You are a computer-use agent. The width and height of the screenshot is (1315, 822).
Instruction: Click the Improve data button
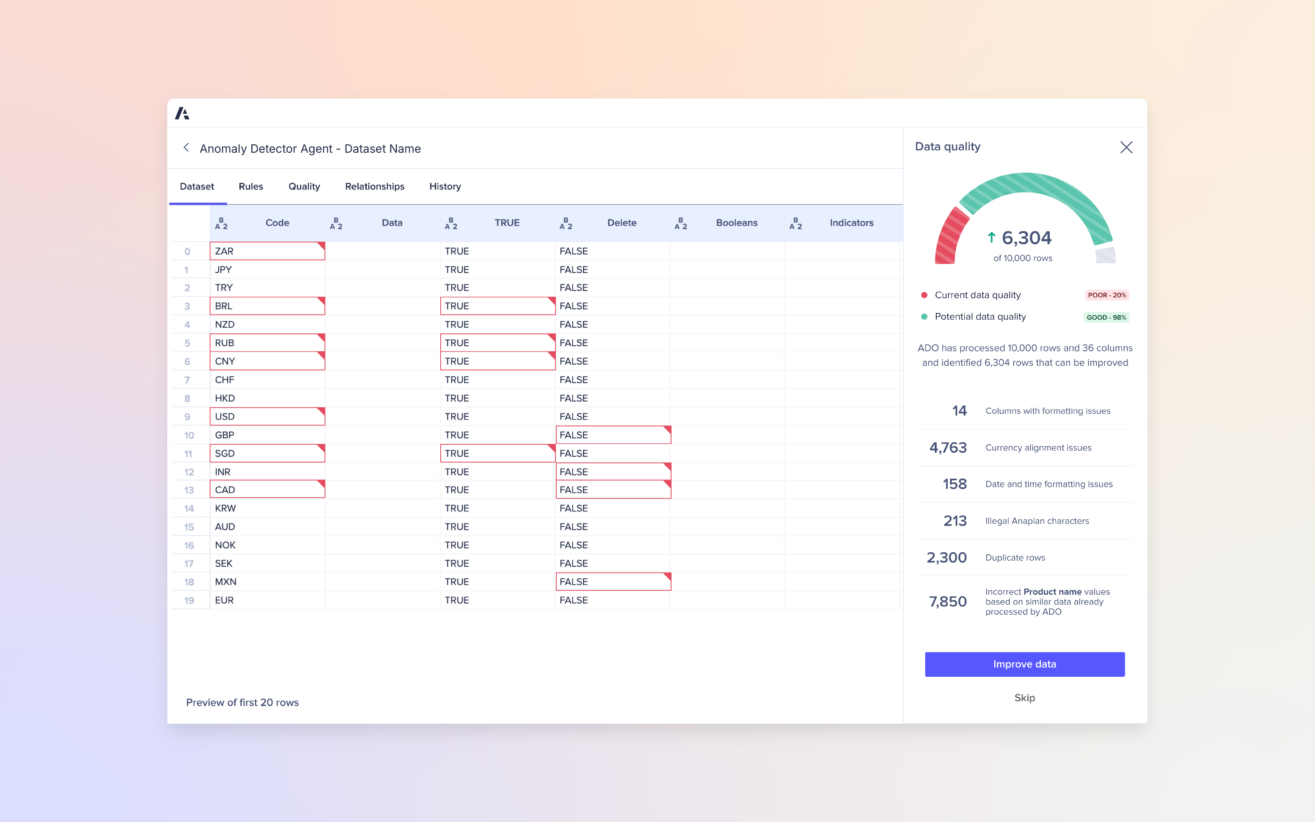(x=1024, y=664)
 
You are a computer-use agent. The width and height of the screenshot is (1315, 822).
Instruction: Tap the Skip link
(x=1024, y=698)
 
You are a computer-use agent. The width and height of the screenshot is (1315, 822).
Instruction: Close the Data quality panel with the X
(x=1126, y=147)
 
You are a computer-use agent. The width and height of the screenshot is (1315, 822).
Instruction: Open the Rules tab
(x=251, y=187)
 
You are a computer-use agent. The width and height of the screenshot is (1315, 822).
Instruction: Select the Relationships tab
(x=374, y=187)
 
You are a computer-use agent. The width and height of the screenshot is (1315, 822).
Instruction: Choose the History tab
(x=445, y=187)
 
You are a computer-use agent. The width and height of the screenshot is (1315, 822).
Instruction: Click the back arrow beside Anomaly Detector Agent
(x=186, y=148)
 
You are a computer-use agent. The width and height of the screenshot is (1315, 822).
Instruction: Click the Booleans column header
(x=736, y=223)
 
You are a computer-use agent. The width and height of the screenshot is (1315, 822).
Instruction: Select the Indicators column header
(x=851, y=223)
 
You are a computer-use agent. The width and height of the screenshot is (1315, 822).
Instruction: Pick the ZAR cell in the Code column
(x=267, y=251)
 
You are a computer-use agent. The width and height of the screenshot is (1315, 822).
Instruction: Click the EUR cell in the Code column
(x=267, y=600)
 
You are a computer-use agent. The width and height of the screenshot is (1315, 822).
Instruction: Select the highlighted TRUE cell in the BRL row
(x=497, y=306)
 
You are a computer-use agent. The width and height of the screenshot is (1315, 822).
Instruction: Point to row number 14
(x=189, y=508)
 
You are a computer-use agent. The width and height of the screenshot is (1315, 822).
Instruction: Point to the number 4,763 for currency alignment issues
(x=948, y=448)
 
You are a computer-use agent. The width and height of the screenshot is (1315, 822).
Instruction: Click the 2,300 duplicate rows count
(x=946, y=557)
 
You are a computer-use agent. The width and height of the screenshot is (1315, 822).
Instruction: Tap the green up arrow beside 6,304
(x=991, y=237)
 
